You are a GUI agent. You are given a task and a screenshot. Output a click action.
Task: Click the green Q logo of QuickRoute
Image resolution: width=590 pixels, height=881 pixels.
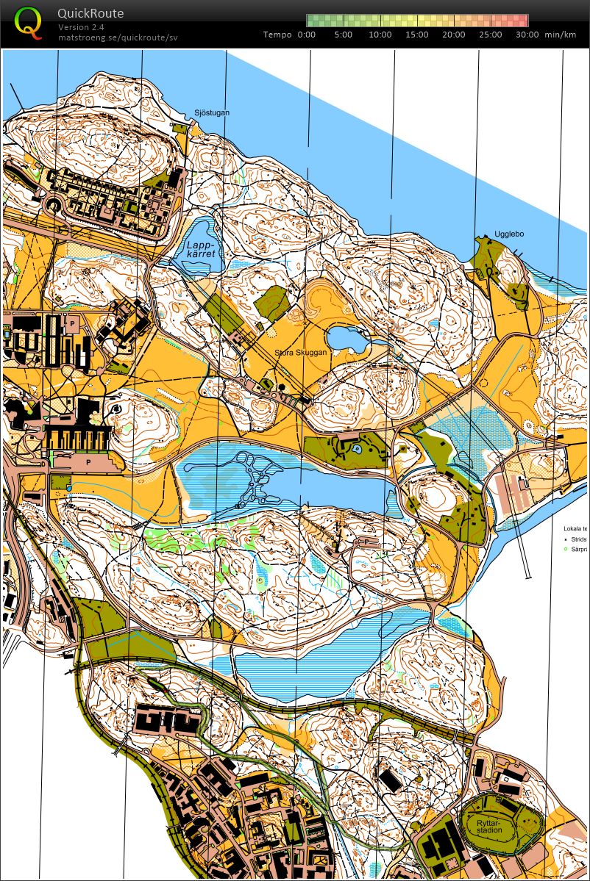(x=29, y=22)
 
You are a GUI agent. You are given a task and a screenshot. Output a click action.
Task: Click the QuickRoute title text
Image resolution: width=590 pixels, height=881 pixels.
(x=90, y=13)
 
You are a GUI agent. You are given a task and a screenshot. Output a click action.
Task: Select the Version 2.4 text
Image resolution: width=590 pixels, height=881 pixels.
(x=81, y=27)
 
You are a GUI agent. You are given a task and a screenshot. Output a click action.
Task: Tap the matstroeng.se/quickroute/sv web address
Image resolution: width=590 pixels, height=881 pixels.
(x=118, y=37)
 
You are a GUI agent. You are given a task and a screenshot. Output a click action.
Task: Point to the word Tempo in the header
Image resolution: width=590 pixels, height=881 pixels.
(x=277, y=35)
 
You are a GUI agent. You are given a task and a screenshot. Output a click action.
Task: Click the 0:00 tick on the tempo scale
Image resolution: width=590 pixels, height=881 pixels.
(x=307, y=35)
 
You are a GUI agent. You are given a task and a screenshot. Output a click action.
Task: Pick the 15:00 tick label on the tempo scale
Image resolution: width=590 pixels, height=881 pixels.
(x=417, y=35)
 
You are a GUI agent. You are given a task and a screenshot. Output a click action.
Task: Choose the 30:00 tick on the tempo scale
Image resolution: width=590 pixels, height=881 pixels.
(x=527, y=35)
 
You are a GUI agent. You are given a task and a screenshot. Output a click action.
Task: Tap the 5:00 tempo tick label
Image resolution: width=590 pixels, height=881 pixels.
(x=344, y=35)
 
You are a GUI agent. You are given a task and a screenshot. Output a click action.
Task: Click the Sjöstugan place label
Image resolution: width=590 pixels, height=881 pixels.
(x=212, y=112)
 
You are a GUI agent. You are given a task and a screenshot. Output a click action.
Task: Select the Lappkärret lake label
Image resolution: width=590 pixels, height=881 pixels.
(x=201, y=249)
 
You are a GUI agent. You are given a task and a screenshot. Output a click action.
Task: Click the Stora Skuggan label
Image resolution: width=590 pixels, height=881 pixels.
(x=300, y=353)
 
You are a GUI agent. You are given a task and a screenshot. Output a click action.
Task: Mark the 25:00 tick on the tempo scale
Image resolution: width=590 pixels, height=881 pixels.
(x=491, y=35)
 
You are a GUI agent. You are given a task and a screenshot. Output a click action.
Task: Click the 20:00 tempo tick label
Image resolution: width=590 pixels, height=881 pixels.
(x=454, y=35)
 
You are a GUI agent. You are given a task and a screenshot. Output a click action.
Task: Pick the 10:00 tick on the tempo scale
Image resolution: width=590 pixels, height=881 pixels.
(x=380, y=35)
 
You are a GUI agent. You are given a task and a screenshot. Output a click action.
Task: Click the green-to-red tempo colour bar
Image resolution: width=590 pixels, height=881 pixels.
(x=417, y=21)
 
